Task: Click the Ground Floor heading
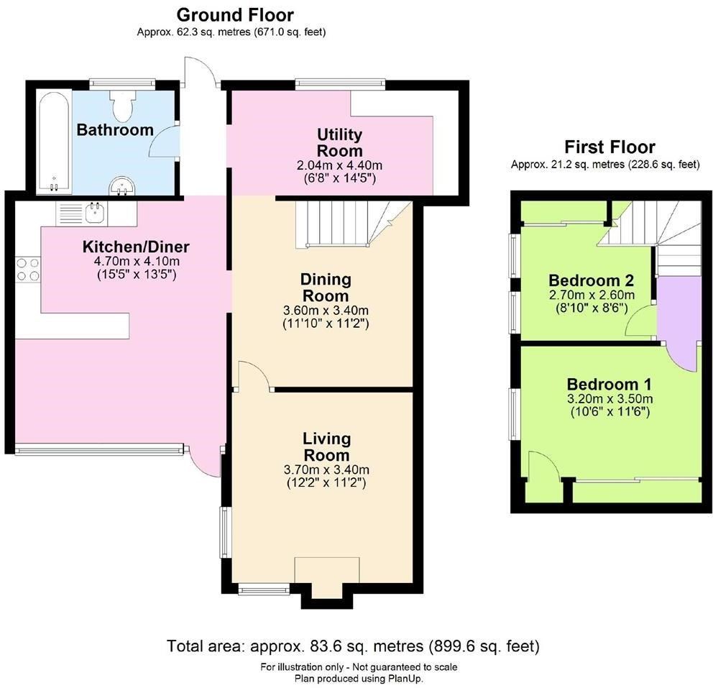tap(234, 14)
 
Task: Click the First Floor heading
tap(609, 147)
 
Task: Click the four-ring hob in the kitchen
tap(28, 270)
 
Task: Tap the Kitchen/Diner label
tap(136, 247)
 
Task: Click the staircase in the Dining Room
tap(345, 224)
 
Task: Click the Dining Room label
tap(325, 287)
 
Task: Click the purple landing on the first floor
tap(677, 309)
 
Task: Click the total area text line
tap(353, 646)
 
